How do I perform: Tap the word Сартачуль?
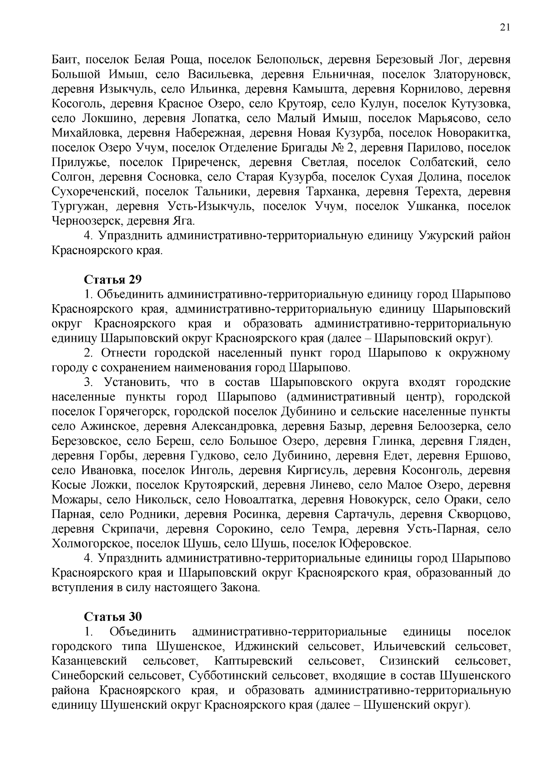pyautogui.click(x=364, y=514)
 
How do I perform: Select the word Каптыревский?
pyautogui.click(x=253, y=661)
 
